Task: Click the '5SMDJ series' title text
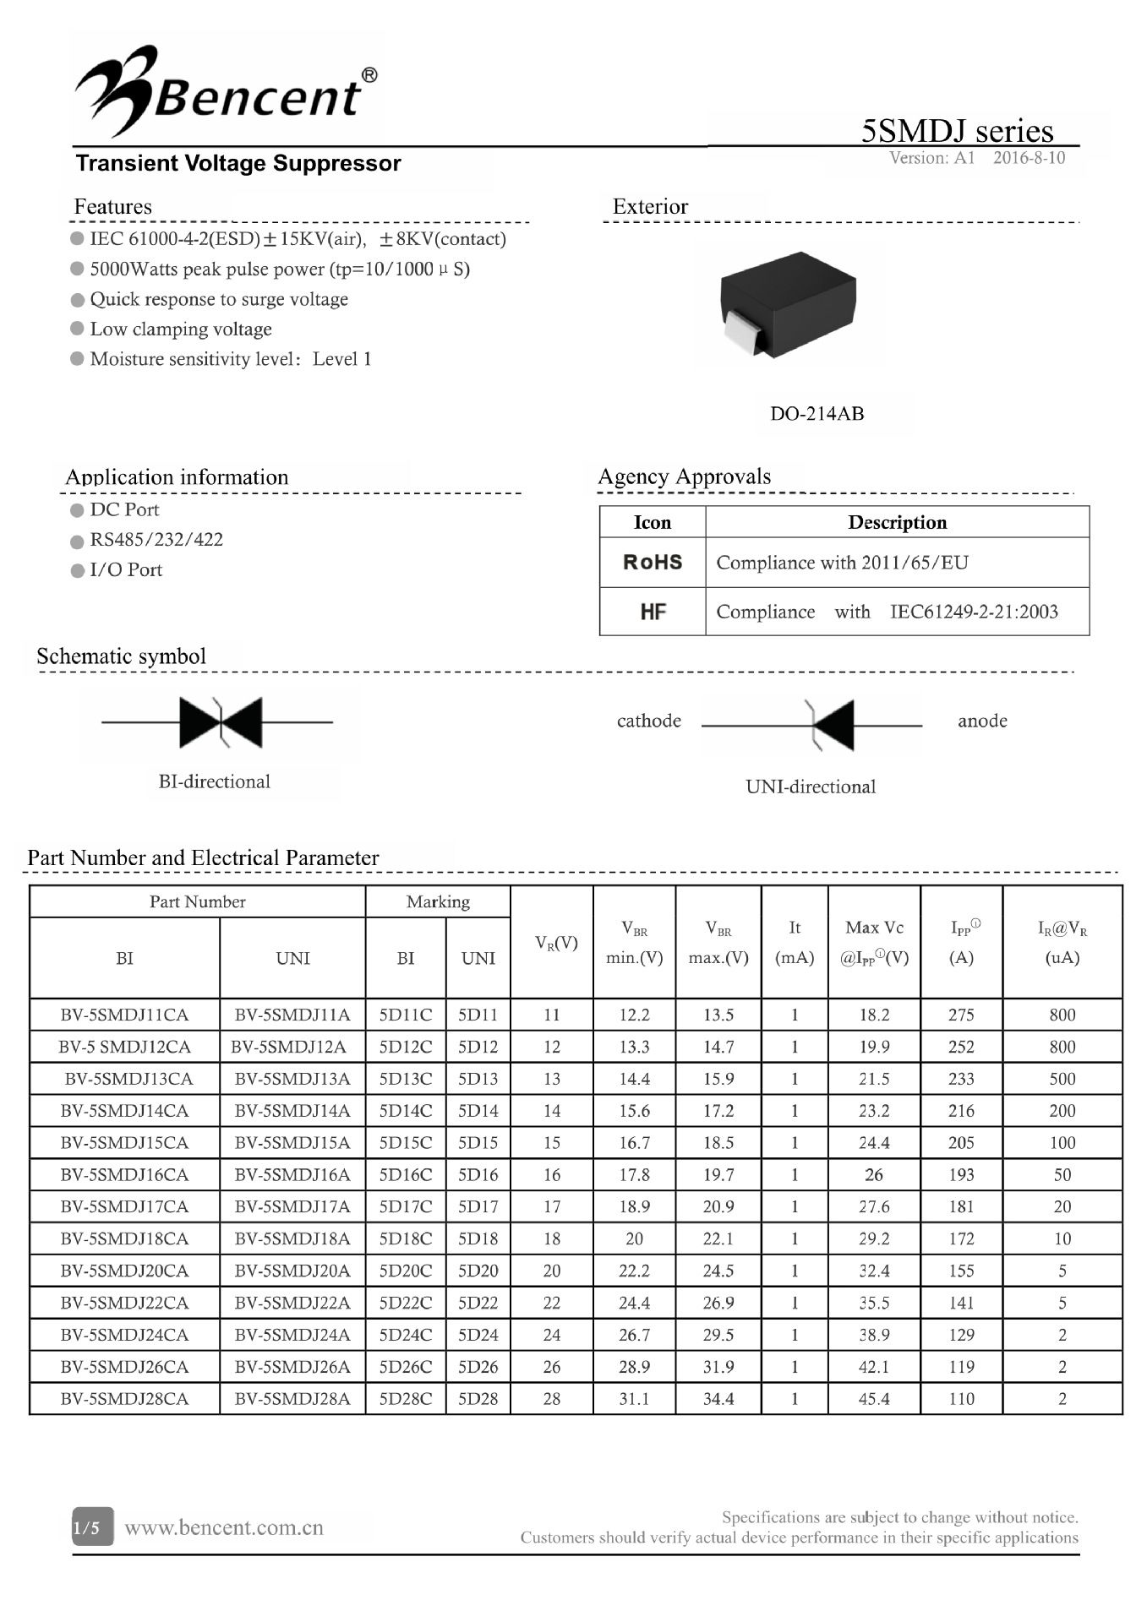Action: pos(957,131)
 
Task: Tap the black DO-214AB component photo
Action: pos(788,304)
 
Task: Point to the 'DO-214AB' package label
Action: pos(817,414)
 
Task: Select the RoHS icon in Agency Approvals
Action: pos(653,563)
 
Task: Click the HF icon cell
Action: pos(653,612)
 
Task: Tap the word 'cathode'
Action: pos(648,721)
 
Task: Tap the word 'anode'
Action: pos(982,721)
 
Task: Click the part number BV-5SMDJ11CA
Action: pos(124,1015)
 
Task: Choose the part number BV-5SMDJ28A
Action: pos(292,1398)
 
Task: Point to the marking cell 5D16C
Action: pos(406,1174)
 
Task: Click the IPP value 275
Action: pos(961,1015)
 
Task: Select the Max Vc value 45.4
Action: pos(874,1398)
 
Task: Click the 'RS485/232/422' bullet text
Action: pos(156,540)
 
